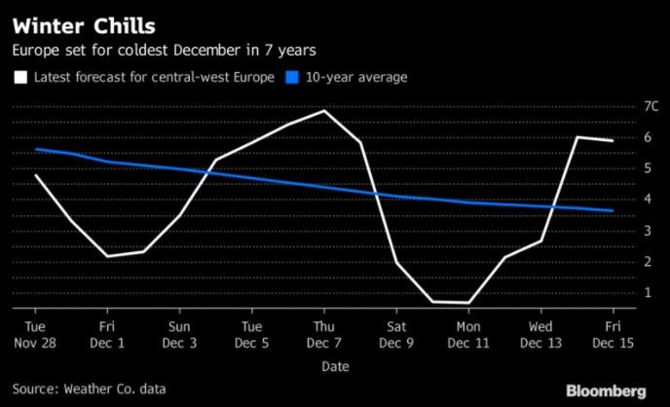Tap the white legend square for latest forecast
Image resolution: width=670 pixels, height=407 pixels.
coord(19,77)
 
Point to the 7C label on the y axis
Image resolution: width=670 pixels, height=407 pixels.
coord(625,106)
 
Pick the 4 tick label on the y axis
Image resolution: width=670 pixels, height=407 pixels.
coord(621,200)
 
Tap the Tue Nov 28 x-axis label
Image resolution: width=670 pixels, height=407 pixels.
coord(35,334)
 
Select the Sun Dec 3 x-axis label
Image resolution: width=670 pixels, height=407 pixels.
coord(179,334)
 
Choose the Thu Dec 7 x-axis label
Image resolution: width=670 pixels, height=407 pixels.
coord(324,334)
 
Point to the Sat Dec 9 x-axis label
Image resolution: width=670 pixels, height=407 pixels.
coord(396,334)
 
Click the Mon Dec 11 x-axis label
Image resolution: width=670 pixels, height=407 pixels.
coord(468,334)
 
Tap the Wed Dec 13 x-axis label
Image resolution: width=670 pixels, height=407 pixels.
coord(540,334)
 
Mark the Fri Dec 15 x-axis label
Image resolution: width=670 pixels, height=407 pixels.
coord(613,334)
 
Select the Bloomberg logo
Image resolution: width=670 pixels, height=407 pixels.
coord(615,390)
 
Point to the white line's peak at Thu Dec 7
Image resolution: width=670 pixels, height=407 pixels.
coord(324,111)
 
